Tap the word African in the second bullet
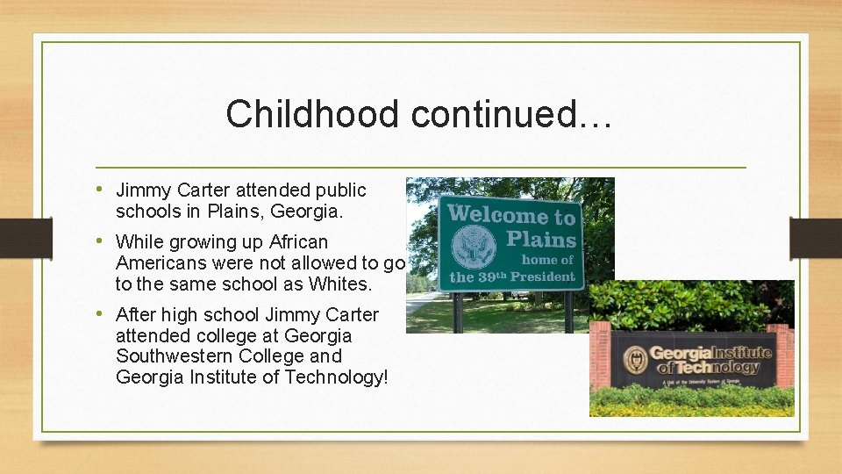pyautogui.click(x=298, y=242)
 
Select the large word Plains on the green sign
pyautogui.click(x=541, y=239)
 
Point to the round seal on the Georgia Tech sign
pyautogui.click(x=635, y=360)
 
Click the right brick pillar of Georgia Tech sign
pyautogui.click(x=784, y=355)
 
